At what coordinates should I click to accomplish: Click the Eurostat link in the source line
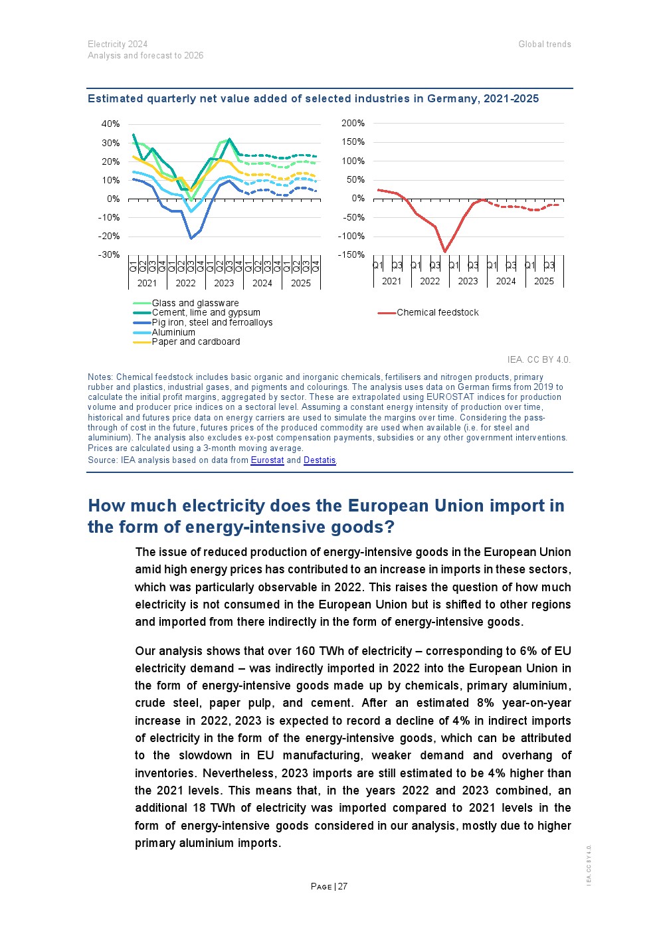click(x=267, y=460)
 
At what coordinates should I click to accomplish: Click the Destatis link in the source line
click(x=320, y=460)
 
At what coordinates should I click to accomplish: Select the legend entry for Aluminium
click(x=173, y=332)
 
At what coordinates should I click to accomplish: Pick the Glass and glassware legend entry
click(x=195, y=303)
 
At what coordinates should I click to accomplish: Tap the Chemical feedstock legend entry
click(x=437, y=312)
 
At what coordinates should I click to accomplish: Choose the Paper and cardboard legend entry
click(x=195, y=341)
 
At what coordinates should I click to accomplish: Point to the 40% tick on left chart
click(x=110, y=124)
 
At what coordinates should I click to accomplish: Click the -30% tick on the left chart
click(x=109, y=254)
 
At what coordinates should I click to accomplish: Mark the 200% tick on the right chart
click(x=353, y=123)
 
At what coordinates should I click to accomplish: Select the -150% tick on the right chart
click(x=351, y=254)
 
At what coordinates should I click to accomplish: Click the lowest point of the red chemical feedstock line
click(x=444, y=252)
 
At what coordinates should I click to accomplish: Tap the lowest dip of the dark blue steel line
click(x=191, y=238)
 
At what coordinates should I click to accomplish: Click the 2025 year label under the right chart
click(x=543, y=281)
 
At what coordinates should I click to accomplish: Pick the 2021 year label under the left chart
click(x=147, y=283)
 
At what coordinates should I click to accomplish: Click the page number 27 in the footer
click(x=343, y=886)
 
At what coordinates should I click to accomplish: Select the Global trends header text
click(x=545, y=45)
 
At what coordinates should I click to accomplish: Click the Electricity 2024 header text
click(x=118, y=45)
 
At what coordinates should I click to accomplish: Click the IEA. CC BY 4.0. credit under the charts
click(x=538, y=359)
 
